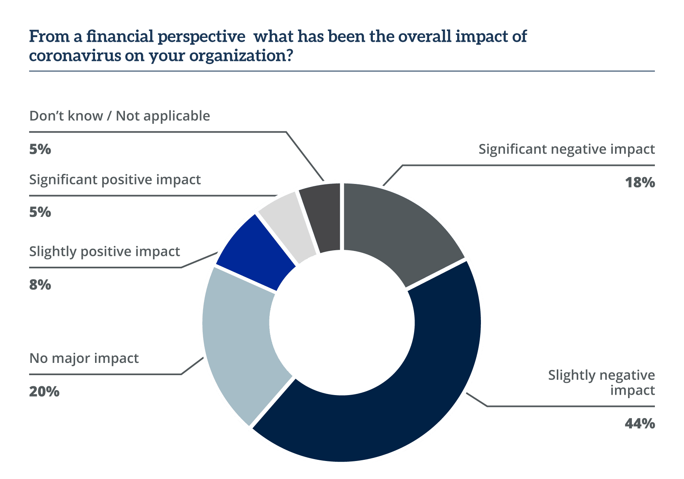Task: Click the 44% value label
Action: [640, 423]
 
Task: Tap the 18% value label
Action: [640, 182]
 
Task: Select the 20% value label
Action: [44, 391]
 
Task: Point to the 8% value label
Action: [40, 285]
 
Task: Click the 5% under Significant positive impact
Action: [40, 212]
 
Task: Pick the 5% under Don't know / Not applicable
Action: [40, 149]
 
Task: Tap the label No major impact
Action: [84, 358]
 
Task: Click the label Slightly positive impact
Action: [105, 252]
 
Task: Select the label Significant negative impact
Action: [566, 149]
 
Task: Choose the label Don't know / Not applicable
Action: [120, 116]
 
